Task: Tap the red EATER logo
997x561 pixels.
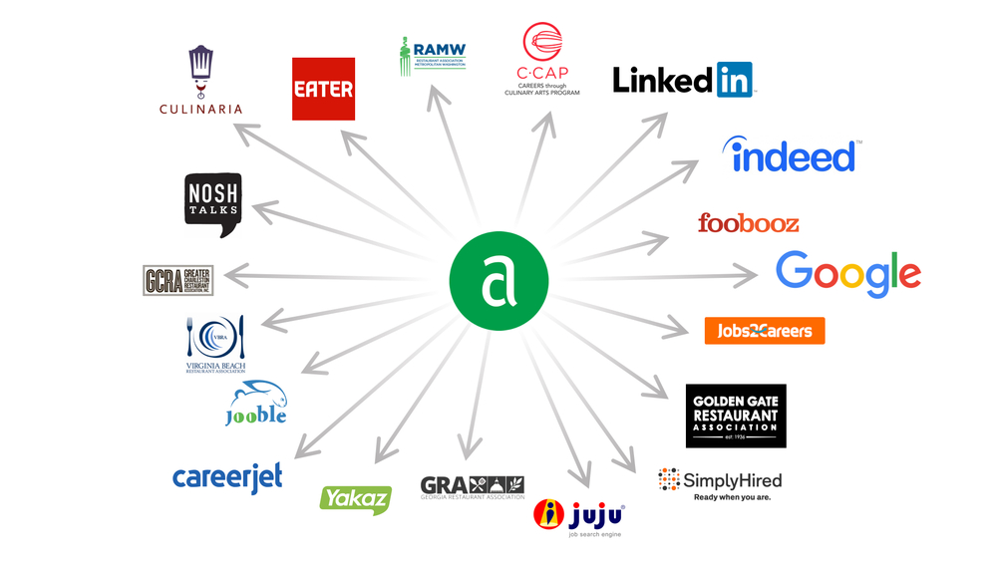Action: click(323, 89)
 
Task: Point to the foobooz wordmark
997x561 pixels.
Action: click(748, 222)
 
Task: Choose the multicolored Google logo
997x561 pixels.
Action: click(847, 273)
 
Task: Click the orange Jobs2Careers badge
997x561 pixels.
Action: click(764, 331)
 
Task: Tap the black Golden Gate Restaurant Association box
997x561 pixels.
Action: click(736, 416)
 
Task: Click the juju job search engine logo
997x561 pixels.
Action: click(580, 516)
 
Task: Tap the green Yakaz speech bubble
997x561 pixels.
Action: click(355, 498)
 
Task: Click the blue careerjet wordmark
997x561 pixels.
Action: click(227, 478)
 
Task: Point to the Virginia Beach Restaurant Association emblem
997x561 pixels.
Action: click(215, 345)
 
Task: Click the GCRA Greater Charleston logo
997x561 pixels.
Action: click(178, 279)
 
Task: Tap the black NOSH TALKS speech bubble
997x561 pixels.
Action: click(213, 204)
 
